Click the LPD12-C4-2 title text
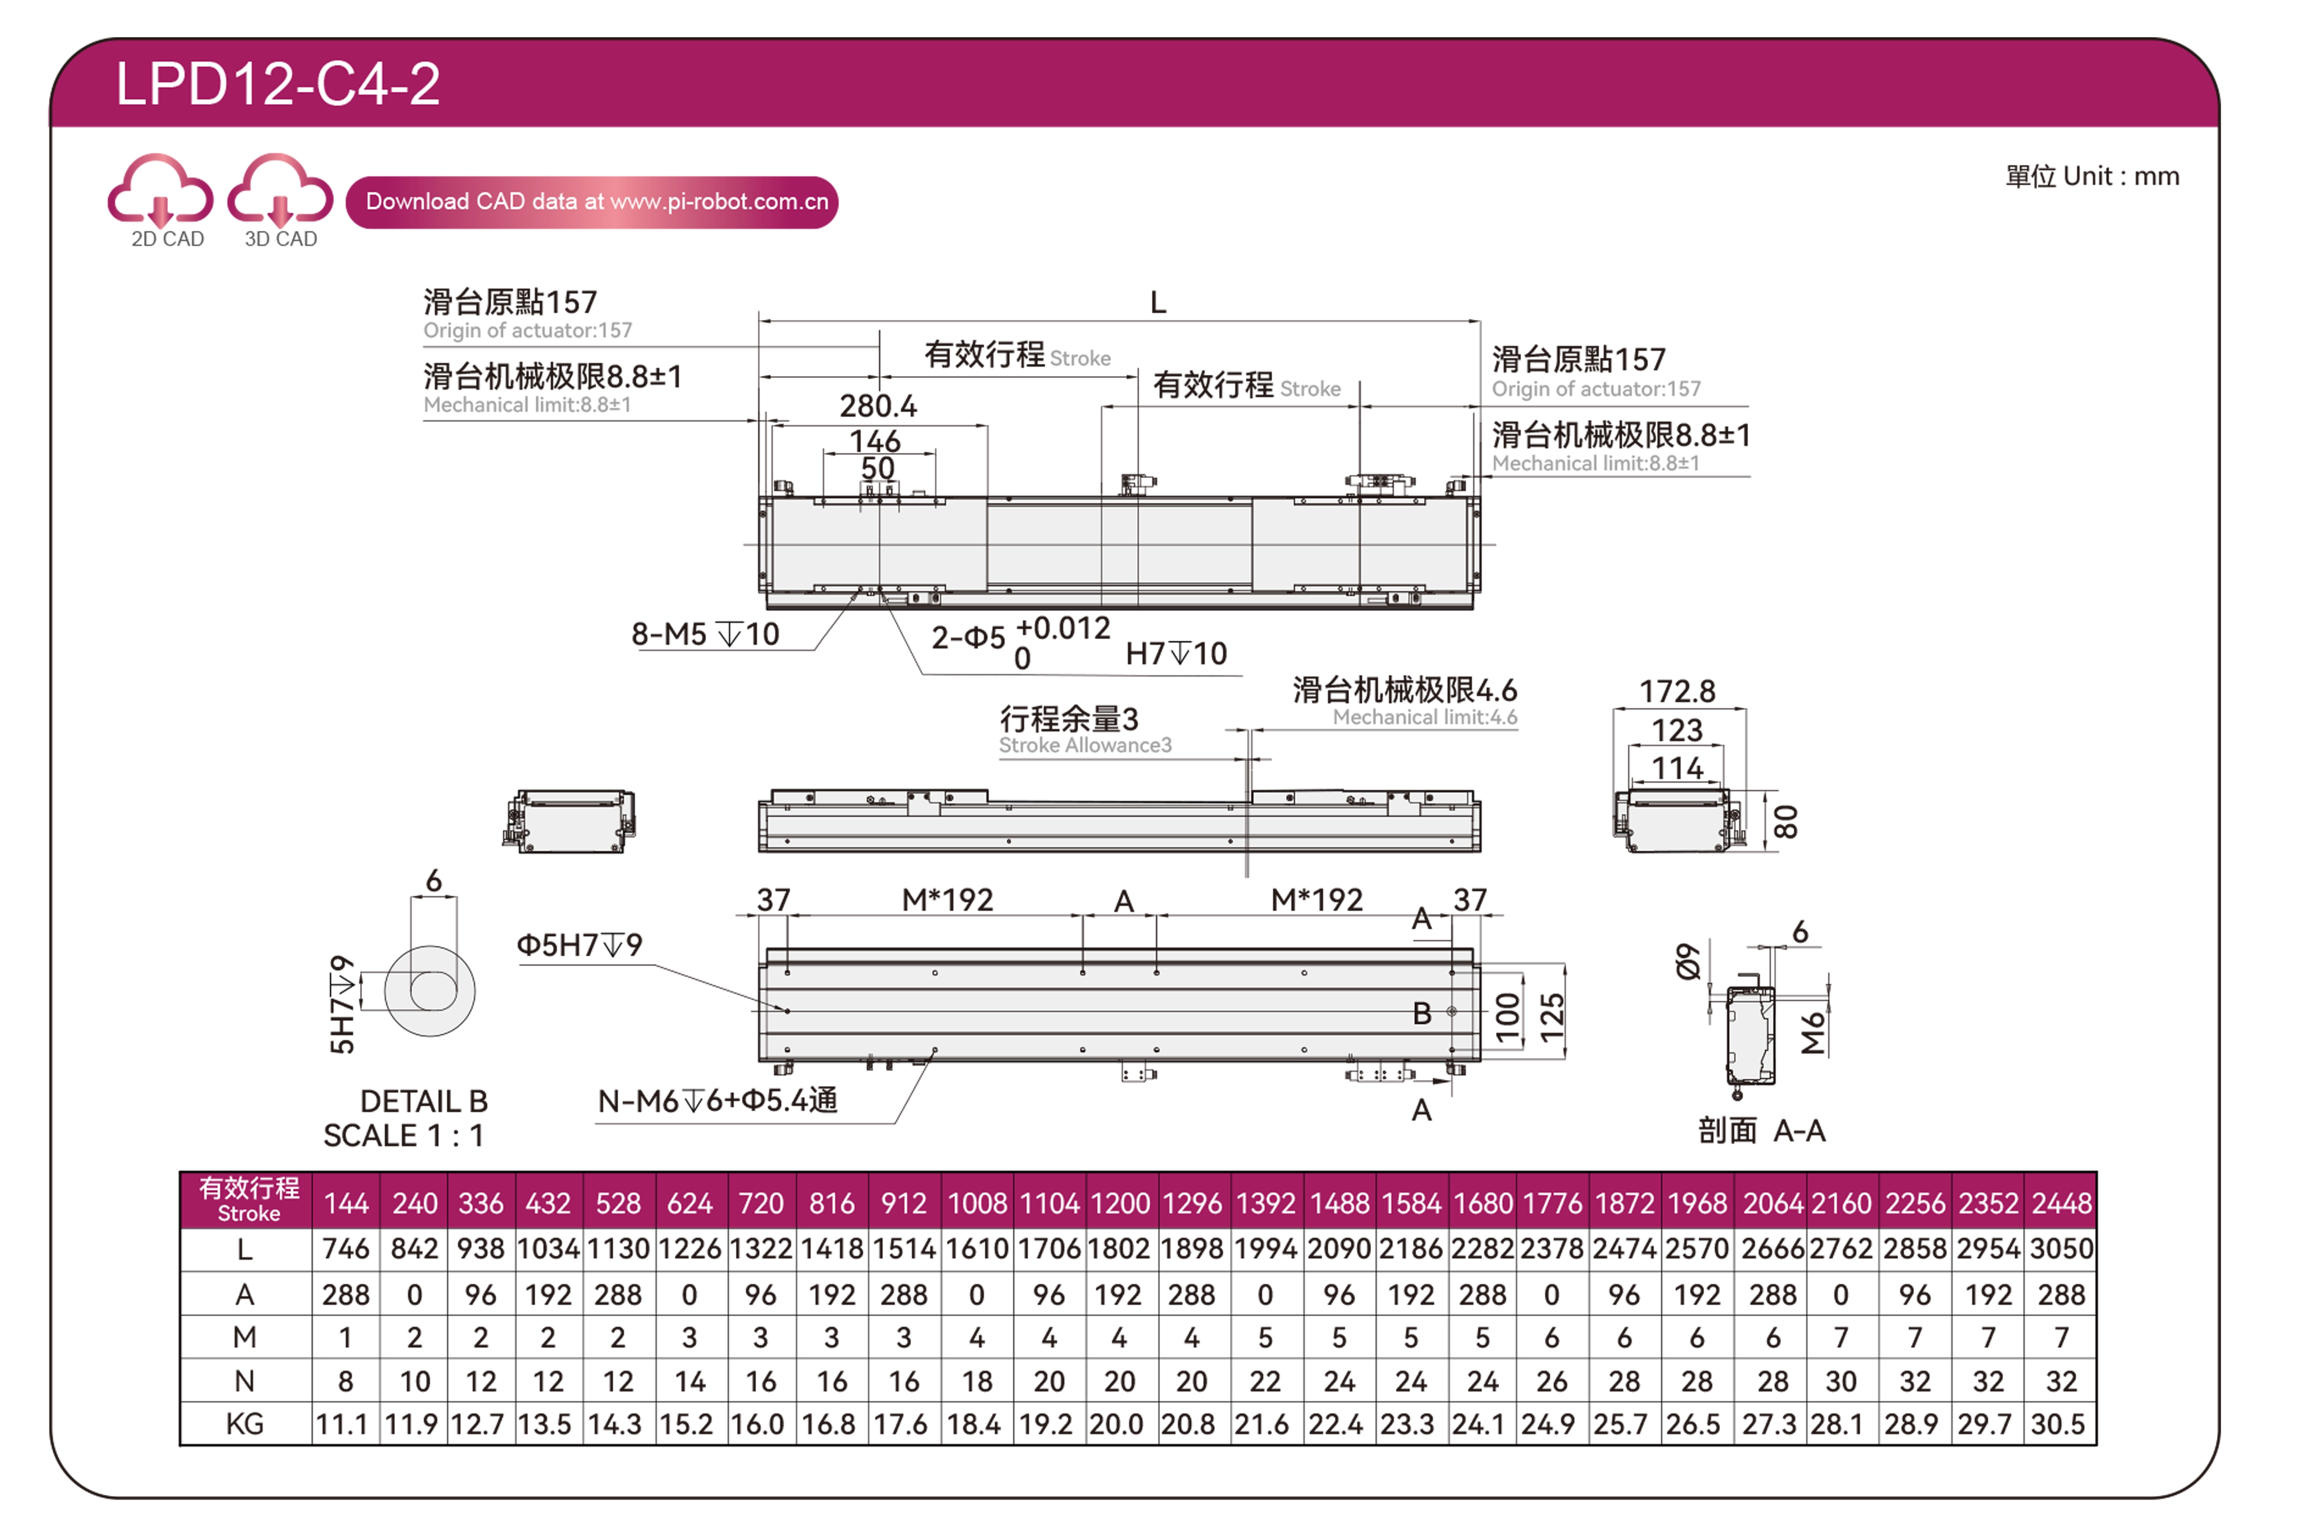278,83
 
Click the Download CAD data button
592,202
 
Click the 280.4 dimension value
878,406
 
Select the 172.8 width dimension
1678,692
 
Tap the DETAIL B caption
424,1101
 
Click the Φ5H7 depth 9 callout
579,945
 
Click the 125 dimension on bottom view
1551,1018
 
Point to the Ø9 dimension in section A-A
1687,963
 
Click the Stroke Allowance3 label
1085,746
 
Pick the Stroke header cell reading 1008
977,1203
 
